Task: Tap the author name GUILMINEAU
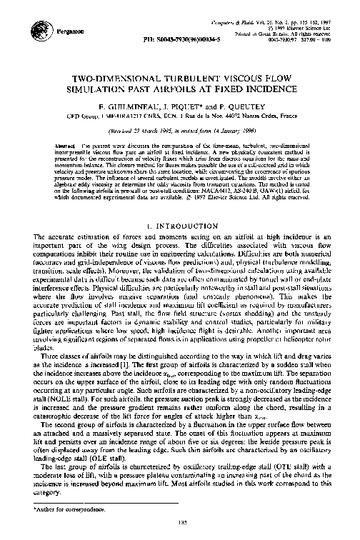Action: tap(136, 103)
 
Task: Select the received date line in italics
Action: tap(179, 129)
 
